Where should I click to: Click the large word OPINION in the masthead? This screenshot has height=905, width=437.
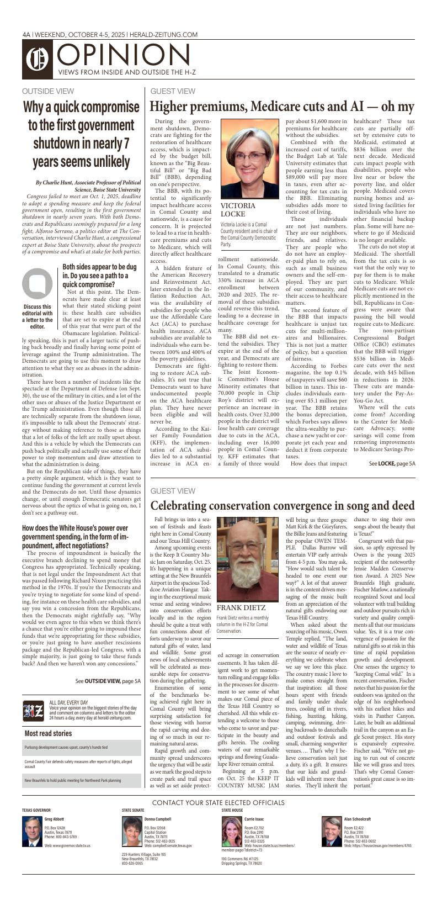[124, 55]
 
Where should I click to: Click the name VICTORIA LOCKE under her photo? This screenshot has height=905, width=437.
[238, 210]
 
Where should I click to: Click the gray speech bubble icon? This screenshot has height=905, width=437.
[37, 283]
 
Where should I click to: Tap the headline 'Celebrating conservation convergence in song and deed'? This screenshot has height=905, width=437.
[282, 505]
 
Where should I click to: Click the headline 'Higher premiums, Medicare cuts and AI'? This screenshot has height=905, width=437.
[282, 107]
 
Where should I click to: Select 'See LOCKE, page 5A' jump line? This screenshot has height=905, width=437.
[392, 463]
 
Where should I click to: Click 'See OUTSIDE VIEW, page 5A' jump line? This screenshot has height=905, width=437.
[108, 681]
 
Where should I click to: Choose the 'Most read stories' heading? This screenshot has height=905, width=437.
[48, 733]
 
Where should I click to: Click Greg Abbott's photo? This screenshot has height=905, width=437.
[32, 830]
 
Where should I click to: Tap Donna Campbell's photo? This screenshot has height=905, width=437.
[132, 832]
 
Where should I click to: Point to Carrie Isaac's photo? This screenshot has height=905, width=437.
[232, 832]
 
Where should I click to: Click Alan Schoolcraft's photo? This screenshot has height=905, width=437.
[332, 832]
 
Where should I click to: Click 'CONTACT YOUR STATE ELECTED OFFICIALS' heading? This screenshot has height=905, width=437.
[218, 802]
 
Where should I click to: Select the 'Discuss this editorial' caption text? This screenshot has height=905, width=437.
[37, 316]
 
